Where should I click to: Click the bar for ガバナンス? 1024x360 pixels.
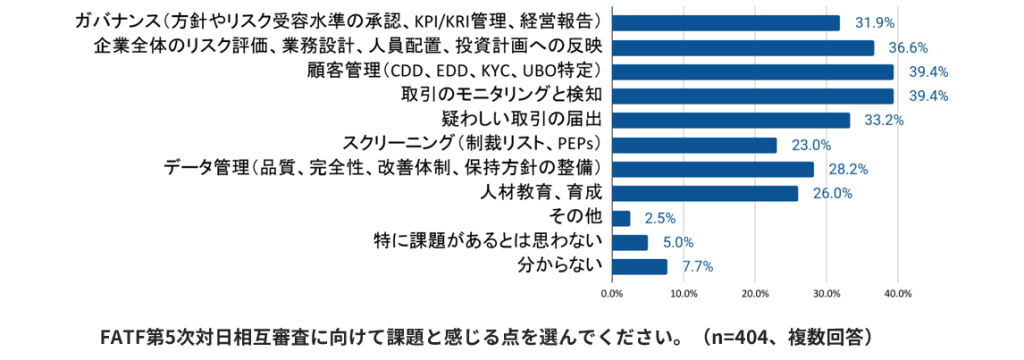click(x=725, y=23)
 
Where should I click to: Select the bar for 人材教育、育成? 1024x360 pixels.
click(x=704, y=193)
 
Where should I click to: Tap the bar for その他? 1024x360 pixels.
click(x=620, y=218)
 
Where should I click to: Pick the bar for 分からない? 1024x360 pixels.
click(x=639, y=266)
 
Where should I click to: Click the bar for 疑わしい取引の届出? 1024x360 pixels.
click(x=730, y=120)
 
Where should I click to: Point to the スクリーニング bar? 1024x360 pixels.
click(x=693, y=145)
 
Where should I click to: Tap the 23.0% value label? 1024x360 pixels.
click(x=813, y=145)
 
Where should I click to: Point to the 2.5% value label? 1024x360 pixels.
click(x=661, y=218)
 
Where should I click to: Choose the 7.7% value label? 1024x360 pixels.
click(x=698, y=266)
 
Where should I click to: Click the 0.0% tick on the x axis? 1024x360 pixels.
click(x=611, y=294)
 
